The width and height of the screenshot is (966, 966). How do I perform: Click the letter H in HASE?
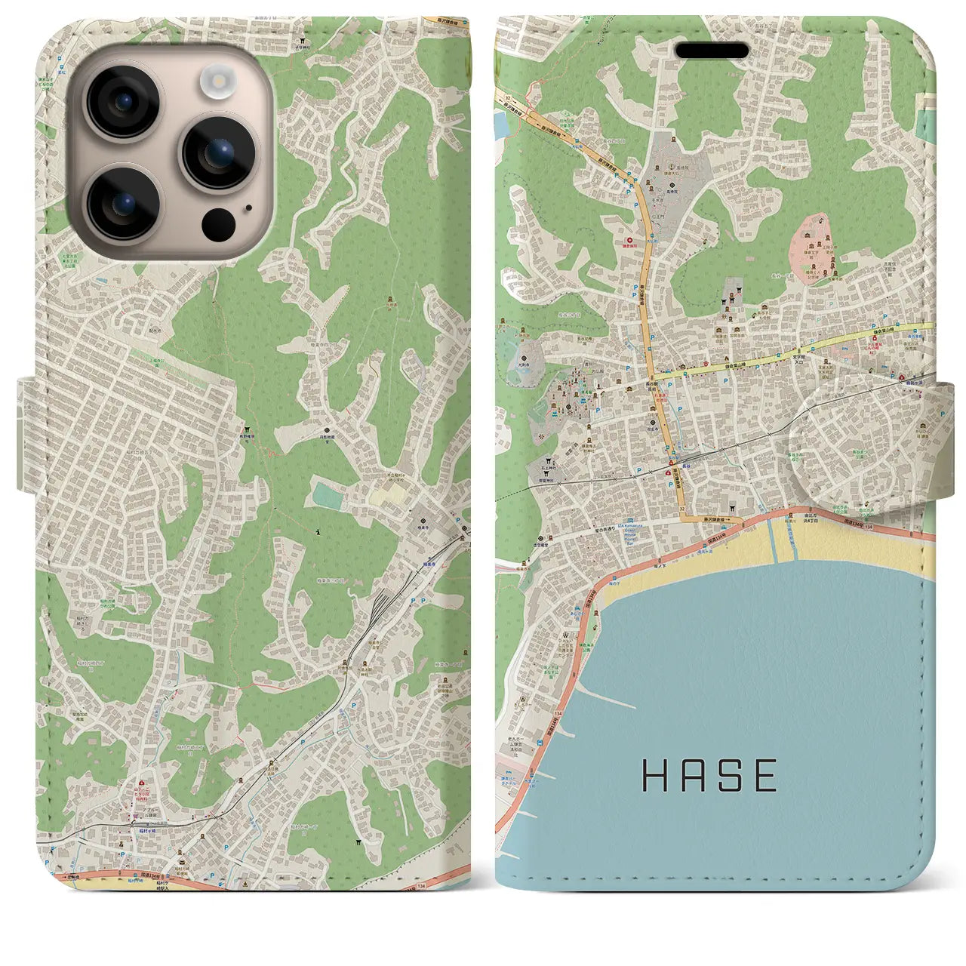tap(654, 775)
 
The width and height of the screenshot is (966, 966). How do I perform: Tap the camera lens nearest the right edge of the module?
tap(217, 152)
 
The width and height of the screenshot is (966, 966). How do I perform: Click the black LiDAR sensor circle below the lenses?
tap(219, 223)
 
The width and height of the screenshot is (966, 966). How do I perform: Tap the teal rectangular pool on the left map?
tap(328, 495)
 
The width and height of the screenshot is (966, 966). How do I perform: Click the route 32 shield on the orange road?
tap(681, 509)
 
